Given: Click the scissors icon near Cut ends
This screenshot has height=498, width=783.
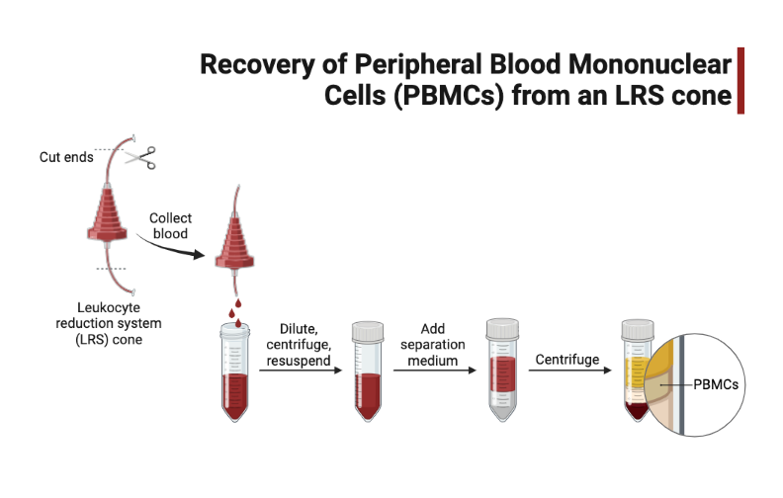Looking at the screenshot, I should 141,157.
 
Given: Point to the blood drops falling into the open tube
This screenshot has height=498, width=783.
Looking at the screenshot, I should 237,308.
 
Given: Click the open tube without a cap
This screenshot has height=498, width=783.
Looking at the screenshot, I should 236,375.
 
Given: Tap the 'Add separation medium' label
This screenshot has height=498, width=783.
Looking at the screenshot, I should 433,344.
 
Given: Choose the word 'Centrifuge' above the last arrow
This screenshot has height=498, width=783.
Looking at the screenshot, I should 566,359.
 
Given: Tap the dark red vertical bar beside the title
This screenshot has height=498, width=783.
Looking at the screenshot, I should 740,80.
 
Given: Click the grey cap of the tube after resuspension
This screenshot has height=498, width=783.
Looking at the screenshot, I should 368,329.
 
